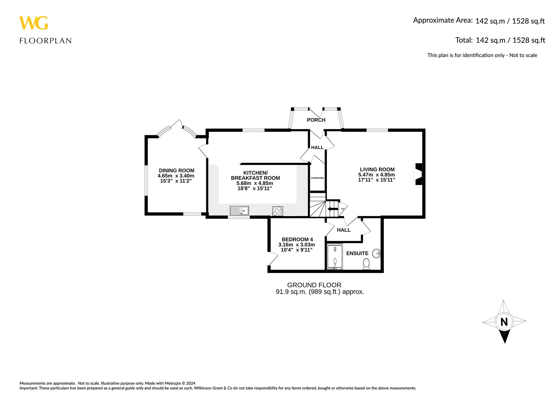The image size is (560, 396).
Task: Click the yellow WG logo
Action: click(x=34, y=23)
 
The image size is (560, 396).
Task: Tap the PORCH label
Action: click(x=316, y=120)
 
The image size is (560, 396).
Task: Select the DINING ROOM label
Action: click(x=176, y=171)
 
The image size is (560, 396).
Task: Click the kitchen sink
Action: click(x=240, y=211)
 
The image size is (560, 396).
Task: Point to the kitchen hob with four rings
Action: click(x=278, y=211)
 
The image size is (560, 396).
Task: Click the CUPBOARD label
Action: click(x=317, y=178)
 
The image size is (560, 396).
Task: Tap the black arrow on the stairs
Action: click(x=333, y=209)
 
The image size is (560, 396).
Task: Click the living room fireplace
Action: click(x=418, y=174)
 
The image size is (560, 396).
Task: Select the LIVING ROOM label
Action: click(x=377, y=170)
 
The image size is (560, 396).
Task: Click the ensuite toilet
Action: click(x=366, y=264)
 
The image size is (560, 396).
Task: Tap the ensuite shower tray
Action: click(x=335, y=257)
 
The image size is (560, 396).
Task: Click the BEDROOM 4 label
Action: click(x=297, y=239)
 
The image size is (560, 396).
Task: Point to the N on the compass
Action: click(x=504, y=322)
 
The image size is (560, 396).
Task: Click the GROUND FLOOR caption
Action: click(x=314, y=285)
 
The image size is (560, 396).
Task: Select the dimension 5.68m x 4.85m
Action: click(x=255, y=183)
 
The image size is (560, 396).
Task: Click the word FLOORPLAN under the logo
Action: click(x=45, y=41)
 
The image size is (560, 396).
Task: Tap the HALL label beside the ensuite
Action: click(x=344, y=230)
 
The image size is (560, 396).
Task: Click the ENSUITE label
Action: click(x=357, y=253)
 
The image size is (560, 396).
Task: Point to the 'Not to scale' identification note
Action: click(x=482, y=55)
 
